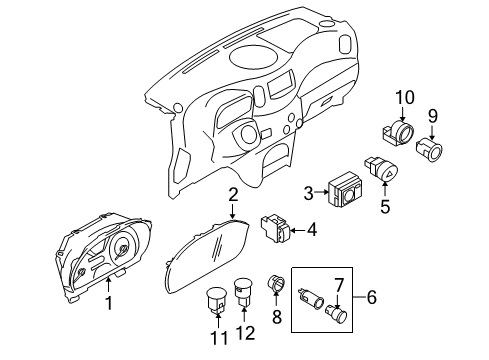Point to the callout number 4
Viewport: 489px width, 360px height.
click(x=313, y=230)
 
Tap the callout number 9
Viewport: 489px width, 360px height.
click(x=433, y=116)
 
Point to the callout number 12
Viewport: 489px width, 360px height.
click(x=244, y=340)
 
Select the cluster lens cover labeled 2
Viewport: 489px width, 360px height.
click(x=205, y=262)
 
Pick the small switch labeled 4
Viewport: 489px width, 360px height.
click(x=275, y=229)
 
